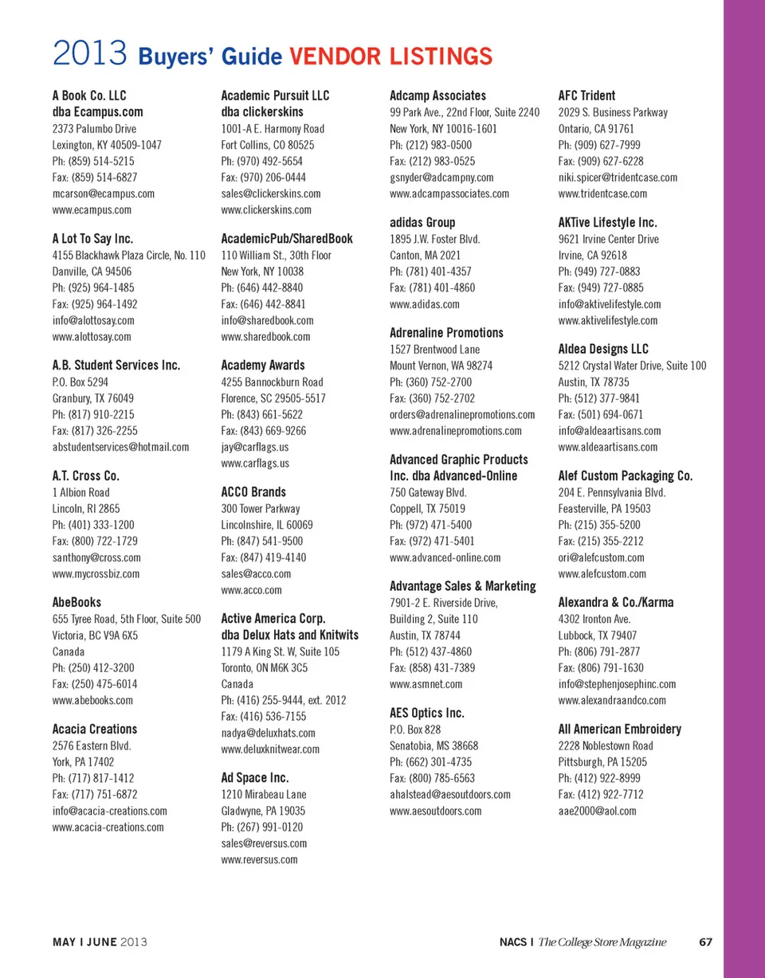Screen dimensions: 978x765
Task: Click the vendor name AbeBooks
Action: pos(76,603)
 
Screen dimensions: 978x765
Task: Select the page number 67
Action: pos(704,942)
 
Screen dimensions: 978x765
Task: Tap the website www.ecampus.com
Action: pos(92,210)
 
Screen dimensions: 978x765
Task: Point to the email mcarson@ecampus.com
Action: pos(103,194)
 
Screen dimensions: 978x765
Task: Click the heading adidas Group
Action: pos(422,223)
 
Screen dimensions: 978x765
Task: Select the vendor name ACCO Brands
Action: pos(253,492)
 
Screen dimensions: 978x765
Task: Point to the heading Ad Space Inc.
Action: pos(254,777)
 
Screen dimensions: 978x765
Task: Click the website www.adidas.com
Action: pos(425,304)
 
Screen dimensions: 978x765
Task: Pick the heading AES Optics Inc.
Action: pos(427,713)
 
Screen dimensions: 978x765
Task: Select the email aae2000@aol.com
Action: pos(598,811)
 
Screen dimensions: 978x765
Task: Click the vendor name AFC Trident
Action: pos(587,96)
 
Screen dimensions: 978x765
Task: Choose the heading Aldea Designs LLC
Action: pos(604,349)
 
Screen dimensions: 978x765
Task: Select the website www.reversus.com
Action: pos(259,859)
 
